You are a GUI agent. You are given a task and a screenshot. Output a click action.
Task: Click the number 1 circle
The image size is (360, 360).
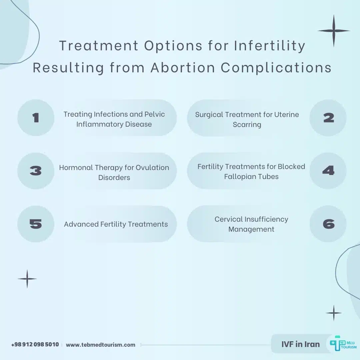[x=36, y=118]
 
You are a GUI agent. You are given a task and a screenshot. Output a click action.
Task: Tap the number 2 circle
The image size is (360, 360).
[x=328, y=118]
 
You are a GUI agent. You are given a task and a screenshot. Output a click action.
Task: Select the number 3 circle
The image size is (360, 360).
[x=36, y=171]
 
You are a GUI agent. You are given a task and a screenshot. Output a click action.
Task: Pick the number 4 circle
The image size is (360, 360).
[x=328, y=171]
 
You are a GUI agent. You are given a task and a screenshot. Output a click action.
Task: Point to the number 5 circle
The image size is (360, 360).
[x=36, y=224]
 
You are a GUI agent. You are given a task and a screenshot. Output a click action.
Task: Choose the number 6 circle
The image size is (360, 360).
[x=328, y=224]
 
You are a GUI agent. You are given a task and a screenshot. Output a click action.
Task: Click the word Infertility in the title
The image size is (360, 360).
[x=269, y=46]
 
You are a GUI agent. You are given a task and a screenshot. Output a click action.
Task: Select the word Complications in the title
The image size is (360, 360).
[x=276, y=68]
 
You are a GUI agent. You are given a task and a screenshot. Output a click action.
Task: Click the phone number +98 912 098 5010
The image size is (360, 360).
[x=35, y=344]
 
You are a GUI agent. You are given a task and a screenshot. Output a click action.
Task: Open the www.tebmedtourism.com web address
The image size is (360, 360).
[x=101, y=345]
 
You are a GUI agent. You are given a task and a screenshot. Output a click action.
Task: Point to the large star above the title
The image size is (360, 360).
[x=334, y=31]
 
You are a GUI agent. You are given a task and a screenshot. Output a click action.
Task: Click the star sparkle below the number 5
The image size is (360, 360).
[x=27, y=279]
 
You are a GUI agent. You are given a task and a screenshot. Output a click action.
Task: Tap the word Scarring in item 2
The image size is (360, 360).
[x=247, y=125]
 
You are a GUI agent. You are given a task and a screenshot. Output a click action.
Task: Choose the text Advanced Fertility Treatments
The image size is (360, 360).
[x=116, y=224]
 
